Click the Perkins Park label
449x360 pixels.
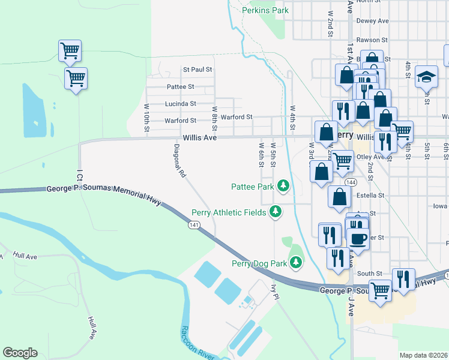(265, 10)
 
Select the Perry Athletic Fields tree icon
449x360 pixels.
(276, 212)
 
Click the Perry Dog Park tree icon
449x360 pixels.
(296, 263)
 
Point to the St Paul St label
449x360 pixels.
(197, 70)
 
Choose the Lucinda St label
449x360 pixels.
(181, 104)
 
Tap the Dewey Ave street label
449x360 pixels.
(372, 20)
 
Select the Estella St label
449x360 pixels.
(370, 195)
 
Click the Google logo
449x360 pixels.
(20, 353)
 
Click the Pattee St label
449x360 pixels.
(179, 87)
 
